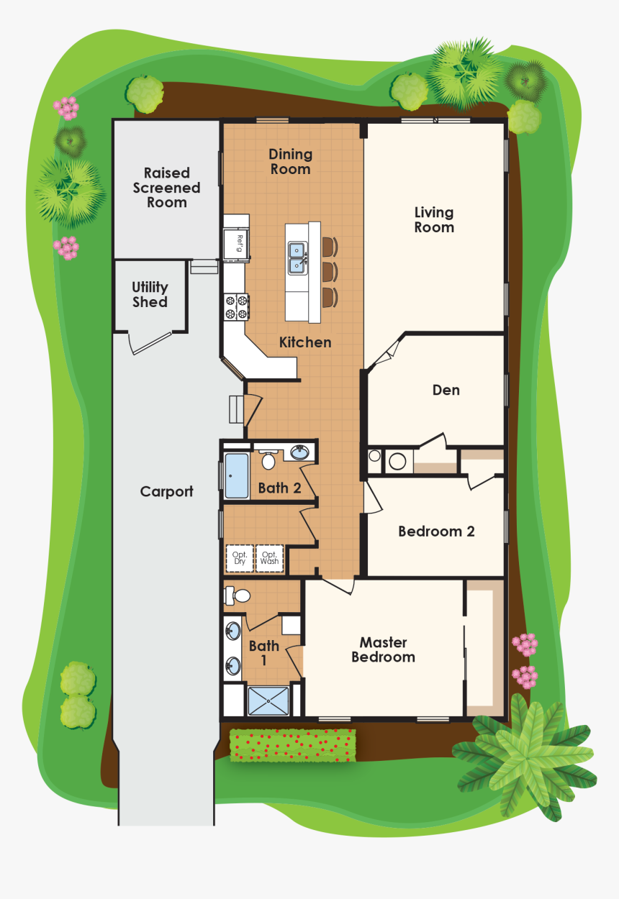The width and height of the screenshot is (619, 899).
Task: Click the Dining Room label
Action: pyautogui.click(x=290, y=162)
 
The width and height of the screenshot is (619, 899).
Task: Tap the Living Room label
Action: pyautogui.click(x=434, y=220)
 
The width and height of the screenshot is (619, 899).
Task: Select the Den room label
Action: pyautogui.click(x=446, y=391)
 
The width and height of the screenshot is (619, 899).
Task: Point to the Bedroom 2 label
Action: pyautogui.click(x=436, y=531)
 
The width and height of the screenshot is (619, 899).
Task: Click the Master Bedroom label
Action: pyautogui.click(x=383, y=649)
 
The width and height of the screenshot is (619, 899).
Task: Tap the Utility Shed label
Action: pyautogui.click(x=150, y=295)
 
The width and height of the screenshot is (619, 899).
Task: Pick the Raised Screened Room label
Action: pyautogui.click(x=167, y=188)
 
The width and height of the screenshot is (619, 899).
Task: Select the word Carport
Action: pyautogui.click(x=166, y=492)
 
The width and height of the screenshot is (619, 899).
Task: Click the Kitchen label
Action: pyautogui.click(x=305, y=342)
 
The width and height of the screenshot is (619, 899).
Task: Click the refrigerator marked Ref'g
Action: pyautogui.click(x=236, y=242)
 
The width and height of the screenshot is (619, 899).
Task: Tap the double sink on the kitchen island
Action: pyautogui.click(x=296, y=258)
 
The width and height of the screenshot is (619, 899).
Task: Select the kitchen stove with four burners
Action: pyautogui.click(x=237, y=308)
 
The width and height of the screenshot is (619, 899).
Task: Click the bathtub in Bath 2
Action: pyautogui.click(x=236, y=475)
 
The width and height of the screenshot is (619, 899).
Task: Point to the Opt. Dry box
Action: pyautogui.click(x=240, y=558)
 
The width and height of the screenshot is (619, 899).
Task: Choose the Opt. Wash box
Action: pyautogui.click(x=269, y=558)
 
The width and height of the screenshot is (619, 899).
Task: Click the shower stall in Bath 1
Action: pyautogui.click(x=268, y=701)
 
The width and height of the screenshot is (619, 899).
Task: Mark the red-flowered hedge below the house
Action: pyautogui.click(x=292, y=744)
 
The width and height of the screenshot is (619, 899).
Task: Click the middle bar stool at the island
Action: pyautogui.click(x=329, y=271)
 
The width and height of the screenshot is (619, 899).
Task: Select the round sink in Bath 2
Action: pyautogui.click(x=299, y=453)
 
